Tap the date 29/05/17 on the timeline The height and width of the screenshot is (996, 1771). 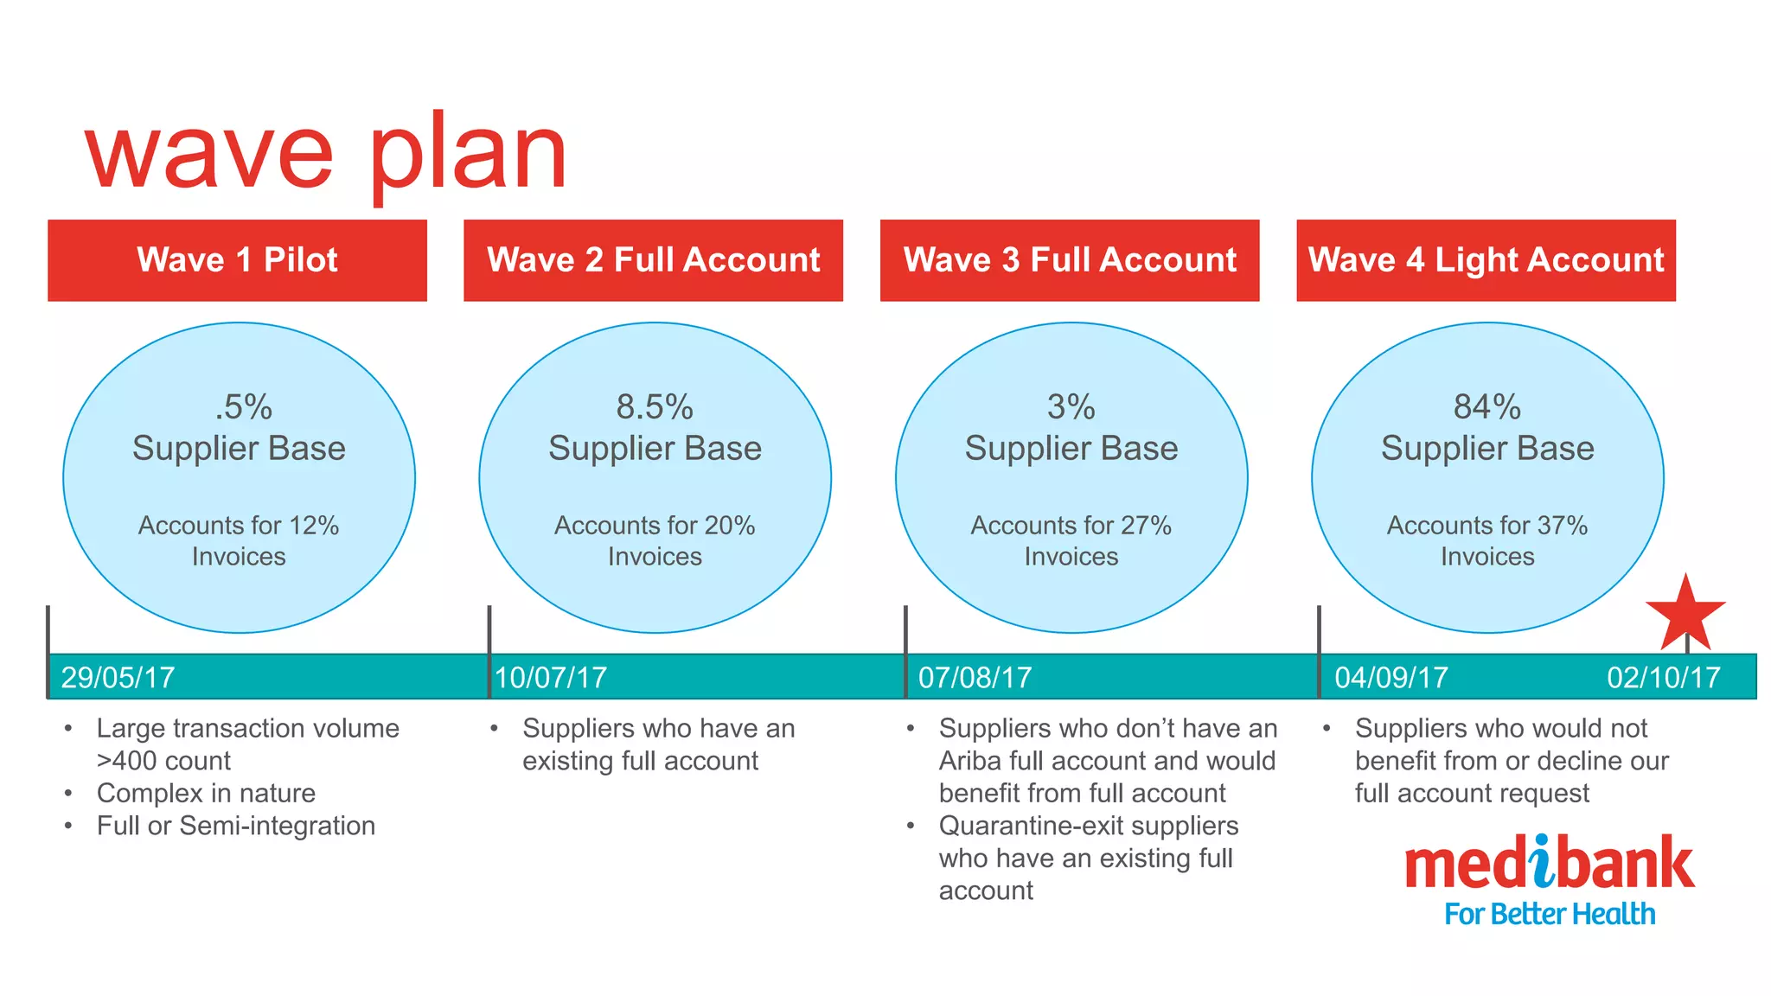coord(118,677)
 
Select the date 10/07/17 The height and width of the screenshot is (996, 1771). coord(551,677)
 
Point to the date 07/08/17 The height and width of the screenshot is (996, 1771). coord(975,677)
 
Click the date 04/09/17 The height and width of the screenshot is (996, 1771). coord(1391,677)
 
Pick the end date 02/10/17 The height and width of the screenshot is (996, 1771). coord(1663,677)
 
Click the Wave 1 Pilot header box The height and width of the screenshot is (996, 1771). coord(237,260)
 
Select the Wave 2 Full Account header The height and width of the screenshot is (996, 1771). coord(653,260)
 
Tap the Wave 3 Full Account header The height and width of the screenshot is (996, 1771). coord(1070,260)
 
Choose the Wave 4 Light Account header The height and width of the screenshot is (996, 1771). coord(1486,260)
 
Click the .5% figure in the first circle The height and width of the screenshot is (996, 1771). coord(243,406)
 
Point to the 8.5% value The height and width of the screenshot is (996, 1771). coord(655,406)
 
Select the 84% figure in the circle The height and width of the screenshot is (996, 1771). coord(1486,406)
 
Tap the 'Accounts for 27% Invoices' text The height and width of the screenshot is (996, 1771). coord(1071,540)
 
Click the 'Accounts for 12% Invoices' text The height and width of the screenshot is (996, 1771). coord(239,540)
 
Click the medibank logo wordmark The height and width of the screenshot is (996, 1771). coord(1549,864)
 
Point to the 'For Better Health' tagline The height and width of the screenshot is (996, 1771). coord(1550,914)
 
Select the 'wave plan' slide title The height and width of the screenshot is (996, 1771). coord(326,154)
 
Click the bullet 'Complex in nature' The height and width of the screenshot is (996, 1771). coord(206,793)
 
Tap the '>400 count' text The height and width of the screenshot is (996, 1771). coord(163,761)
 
